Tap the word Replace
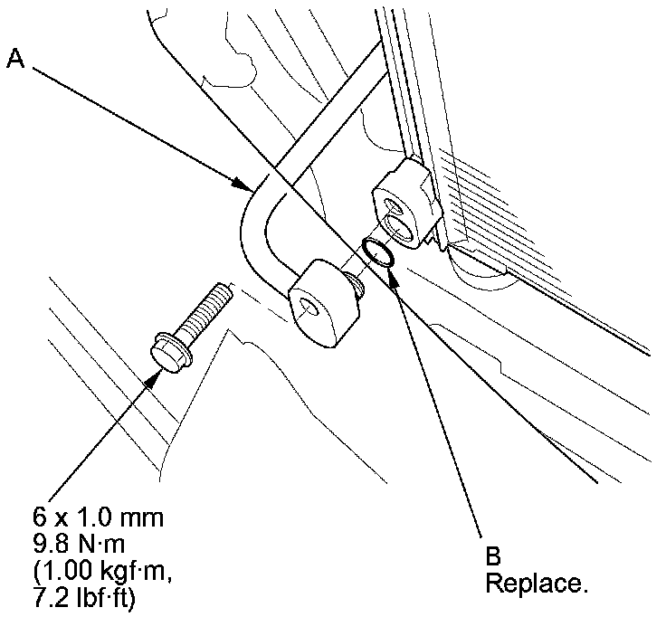pos(537,583)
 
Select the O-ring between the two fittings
pos(377,252)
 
